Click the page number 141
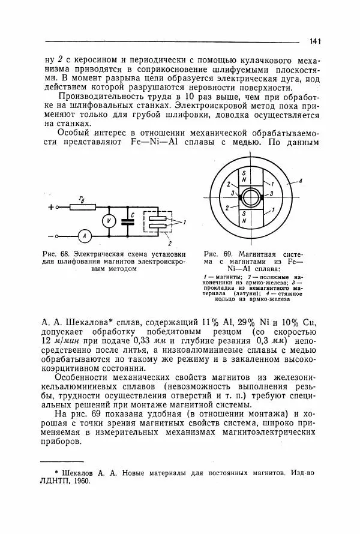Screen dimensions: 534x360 coord(316,41)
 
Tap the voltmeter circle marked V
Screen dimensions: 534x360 coord(109,221)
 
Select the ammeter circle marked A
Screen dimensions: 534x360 coord(85,236)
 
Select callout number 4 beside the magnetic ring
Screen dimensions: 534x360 coord(301,180)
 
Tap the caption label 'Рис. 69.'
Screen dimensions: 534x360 coord(216,253)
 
